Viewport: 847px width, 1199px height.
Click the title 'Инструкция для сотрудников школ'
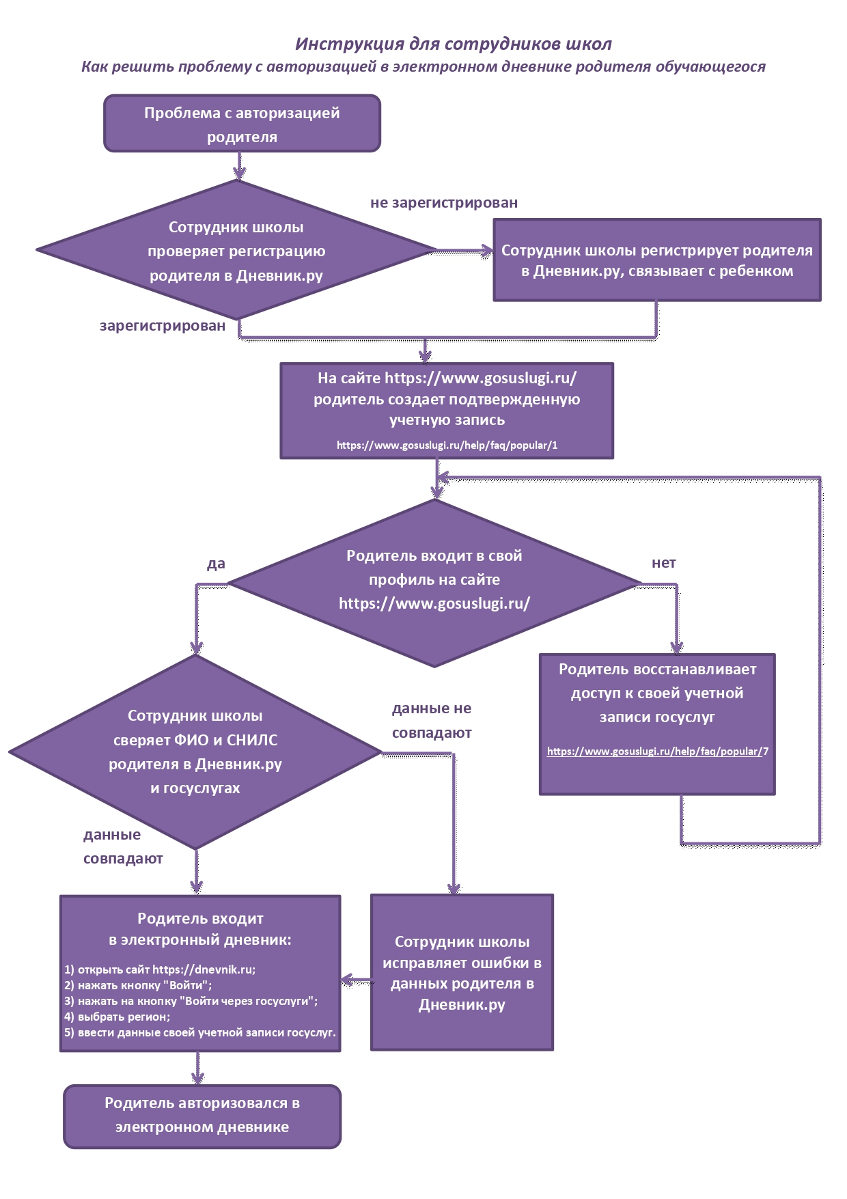coord(453,44)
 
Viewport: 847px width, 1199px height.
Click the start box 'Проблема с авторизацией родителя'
coord(242,124)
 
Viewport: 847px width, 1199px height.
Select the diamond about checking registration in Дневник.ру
coord(236,250)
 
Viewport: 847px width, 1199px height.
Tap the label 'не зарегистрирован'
coord(444,203)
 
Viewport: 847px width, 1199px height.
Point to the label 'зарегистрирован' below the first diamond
coord(163,326)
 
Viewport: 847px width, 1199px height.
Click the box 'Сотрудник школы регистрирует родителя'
coord(657,260)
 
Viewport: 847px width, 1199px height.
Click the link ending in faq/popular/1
coord(447,445)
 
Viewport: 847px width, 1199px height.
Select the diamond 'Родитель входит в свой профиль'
coord(434,583)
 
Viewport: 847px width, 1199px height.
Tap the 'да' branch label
coord(216,564)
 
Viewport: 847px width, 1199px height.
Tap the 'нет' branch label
coord(663,563)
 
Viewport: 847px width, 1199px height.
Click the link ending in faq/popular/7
coord(658,752)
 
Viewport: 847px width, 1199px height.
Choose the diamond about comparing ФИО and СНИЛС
coord(195,752)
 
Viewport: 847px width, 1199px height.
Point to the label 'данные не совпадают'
coord(432,721)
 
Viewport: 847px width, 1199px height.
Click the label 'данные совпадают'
coord(123,846)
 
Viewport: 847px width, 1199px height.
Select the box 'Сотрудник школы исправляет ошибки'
coord(462,972)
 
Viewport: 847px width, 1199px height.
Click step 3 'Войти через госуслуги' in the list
coord(191,1002)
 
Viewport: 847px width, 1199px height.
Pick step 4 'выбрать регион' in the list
coord(117,1017)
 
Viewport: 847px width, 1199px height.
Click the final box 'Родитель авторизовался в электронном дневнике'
coord(202,1116)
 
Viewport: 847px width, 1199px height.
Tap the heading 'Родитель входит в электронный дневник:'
coord(200,929)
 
